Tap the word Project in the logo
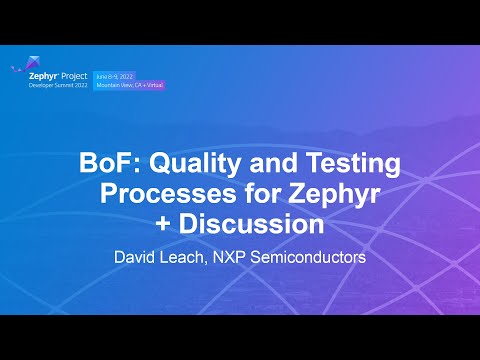(x=74, y=74)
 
